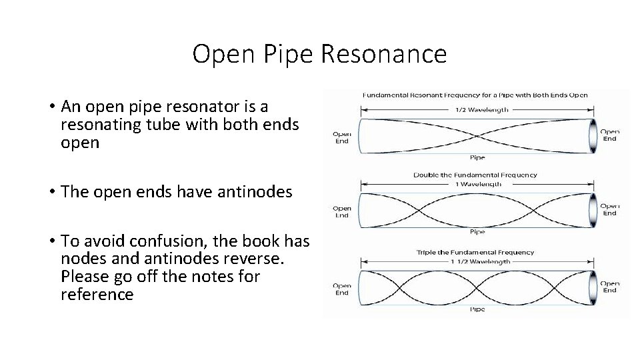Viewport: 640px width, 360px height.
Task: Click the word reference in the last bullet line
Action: [x=97, y=294]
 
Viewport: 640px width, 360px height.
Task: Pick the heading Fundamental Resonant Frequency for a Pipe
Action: [x=475, y=95]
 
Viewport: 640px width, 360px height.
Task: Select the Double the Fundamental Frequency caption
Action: [x=475, y=175]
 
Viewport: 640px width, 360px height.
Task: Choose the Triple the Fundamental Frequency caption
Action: [x=475, y=253]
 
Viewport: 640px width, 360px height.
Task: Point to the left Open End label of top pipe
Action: [x=342, y=137]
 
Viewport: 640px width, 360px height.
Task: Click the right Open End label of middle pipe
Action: [x=610, y=209]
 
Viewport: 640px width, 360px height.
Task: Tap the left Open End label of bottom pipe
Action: [x=342, y=289]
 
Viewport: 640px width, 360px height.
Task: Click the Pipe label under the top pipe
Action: [x=477, y=158]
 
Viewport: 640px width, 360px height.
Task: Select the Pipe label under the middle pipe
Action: [x=477, y=232]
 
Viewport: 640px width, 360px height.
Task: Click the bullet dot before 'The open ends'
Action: [x=51, y=192]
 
